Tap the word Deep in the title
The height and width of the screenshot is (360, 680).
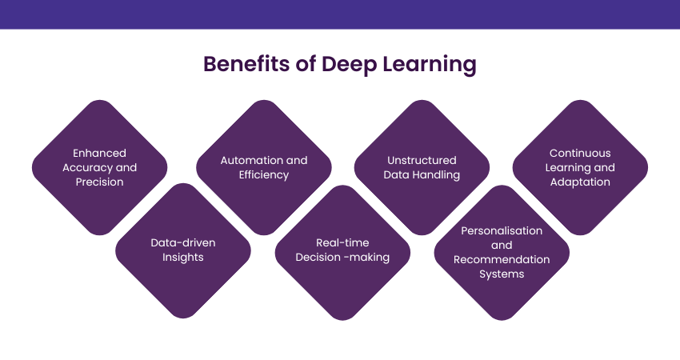349,65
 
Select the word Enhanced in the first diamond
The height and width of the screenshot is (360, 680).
100,153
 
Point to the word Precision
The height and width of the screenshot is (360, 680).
100,182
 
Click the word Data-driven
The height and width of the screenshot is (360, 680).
183,242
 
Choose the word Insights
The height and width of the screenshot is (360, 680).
183,257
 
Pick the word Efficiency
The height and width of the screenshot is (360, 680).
264,174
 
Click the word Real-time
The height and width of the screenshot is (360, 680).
342,242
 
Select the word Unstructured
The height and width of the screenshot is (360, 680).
422,160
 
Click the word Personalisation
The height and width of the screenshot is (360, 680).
502,230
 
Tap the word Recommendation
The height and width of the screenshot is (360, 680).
502,259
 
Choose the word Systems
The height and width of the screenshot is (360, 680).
502,274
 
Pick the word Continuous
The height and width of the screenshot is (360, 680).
580,153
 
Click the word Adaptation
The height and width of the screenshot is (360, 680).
580,182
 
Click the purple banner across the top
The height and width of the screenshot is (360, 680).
340,14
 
